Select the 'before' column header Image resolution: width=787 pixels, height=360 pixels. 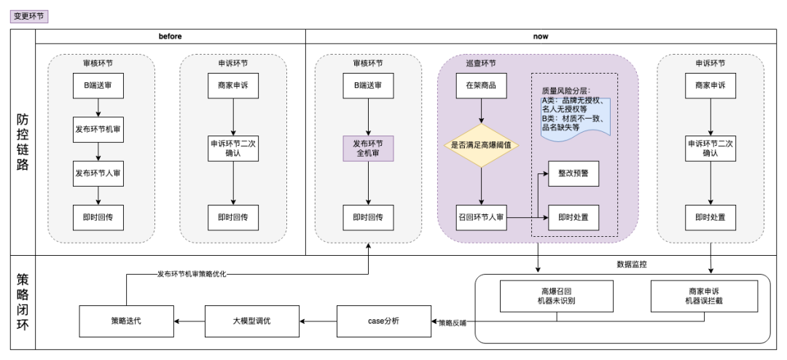click(170, 36)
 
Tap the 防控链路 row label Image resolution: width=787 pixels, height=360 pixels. click(23, 143)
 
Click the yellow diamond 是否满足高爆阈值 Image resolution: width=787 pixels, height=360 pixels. click(481, 145)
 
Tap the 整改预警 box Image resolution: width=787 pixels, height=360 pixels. click(573, 173)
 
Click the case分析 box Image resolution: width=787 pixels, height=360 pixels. click(382, 321)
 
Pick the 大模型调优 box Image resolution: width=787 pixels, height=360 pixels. click(252, 321)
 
